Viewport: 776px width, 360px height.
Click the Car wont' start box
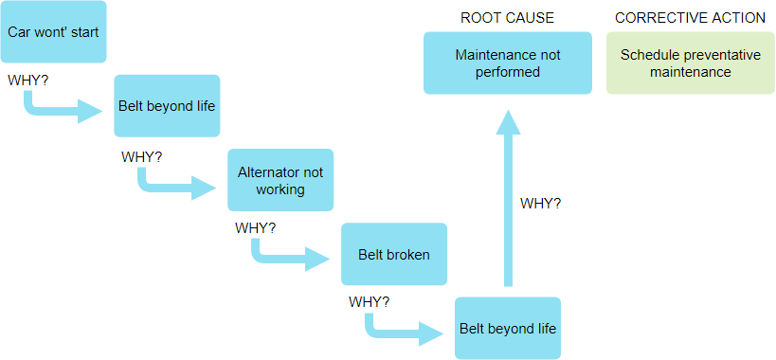(x=53, y=31)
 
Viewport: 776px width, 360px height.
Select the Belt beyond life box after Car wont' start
(x=167, y=105)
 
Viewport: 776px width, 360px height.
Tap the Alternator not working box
(x=280, y=180)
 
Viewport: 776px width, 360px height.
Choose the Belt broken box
(x=393, y=254)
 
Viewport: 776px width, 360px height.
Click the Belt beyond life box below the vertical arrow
(x=508, y=328)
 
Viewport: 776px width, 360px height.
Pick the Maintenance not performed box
(x=508, y=63)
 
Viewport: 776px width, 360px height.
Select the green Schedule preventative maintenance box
(x=690, y=63)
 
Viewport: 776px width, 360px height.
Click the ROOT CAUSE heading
(x=507, y=18)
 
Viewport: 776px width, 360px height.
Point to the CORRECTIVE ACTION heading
(x=690, y=18)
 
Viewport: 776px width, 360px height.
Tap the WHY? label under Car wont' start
(x=28, y=80)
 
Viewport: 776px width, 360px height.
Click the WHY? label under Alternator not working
(x=256, y=228)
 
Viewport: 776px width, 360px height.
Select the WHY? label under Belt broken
(x=370, y=302)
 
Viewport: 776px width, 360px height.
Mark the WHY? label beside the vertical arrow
(x=541, y=203)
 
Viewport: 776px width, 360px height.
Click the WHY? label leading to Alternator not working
(x=142, y=156)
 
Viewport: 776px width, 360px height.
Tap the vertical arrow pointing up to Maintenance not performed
(x=509, y=199)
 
